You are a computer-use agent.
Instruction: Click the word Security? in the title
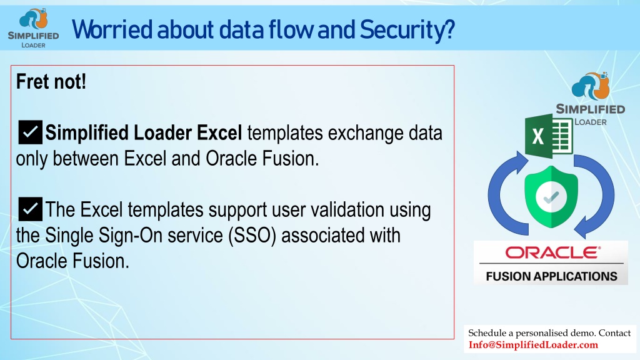coord(407,30)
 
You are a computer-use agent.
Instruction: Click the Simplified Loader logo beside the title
coord(34,28)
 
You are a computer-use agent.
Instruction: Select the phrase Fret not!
coord(51,82)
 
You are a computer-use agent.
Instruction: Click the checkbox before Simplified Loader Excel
coord(30,132)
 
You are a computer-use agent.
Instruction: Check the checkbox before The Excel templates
coord(30,209)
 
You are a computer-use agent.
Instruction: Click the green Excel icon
coord(549,136)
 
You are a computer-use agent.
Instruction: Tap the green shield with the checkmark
coord(551,197)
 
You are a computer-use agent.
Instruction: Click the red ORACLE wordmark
coord(552,252)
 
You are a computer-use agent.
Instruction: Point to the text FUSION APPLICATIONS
coord(551,276)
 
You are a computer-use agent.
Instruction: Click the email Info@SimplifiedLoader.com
coord(533,345)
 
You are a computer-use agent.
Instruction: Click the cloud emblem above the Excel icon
coord(591,86)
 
